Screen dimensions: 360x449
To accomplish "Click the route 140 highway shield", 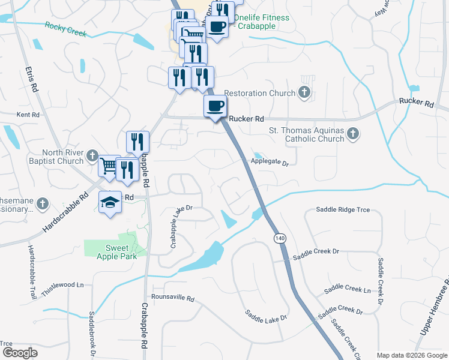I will [x=280, y=238].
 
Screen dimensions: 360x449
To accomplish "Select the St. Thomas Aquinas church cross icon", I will [x=354, y=134].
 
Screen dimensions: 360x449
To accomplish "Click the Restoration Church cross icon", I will [x=305, y=93].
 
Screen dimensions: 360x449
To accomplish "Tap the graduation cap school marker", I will [x=110, y=203].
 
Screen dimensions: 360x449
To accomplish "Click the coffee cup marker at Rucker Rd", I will [x=215, y=107].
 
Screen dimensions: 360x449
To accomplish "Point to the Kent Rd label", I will [x=28, y=114].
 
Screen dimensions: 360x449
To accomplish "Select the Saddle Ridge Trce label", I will [x=343, y=210].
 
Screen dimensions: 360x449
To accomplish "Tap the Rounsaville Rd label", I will [x=173, y=298].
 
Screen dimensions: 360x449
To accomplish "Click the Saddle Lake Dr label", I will [x=267, y=314].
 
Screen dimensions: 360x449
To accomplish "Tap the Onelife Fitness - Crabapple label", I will [x=262, y=22].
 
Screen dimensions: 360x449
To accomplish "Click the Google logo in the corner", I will [x=20, y=353].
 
